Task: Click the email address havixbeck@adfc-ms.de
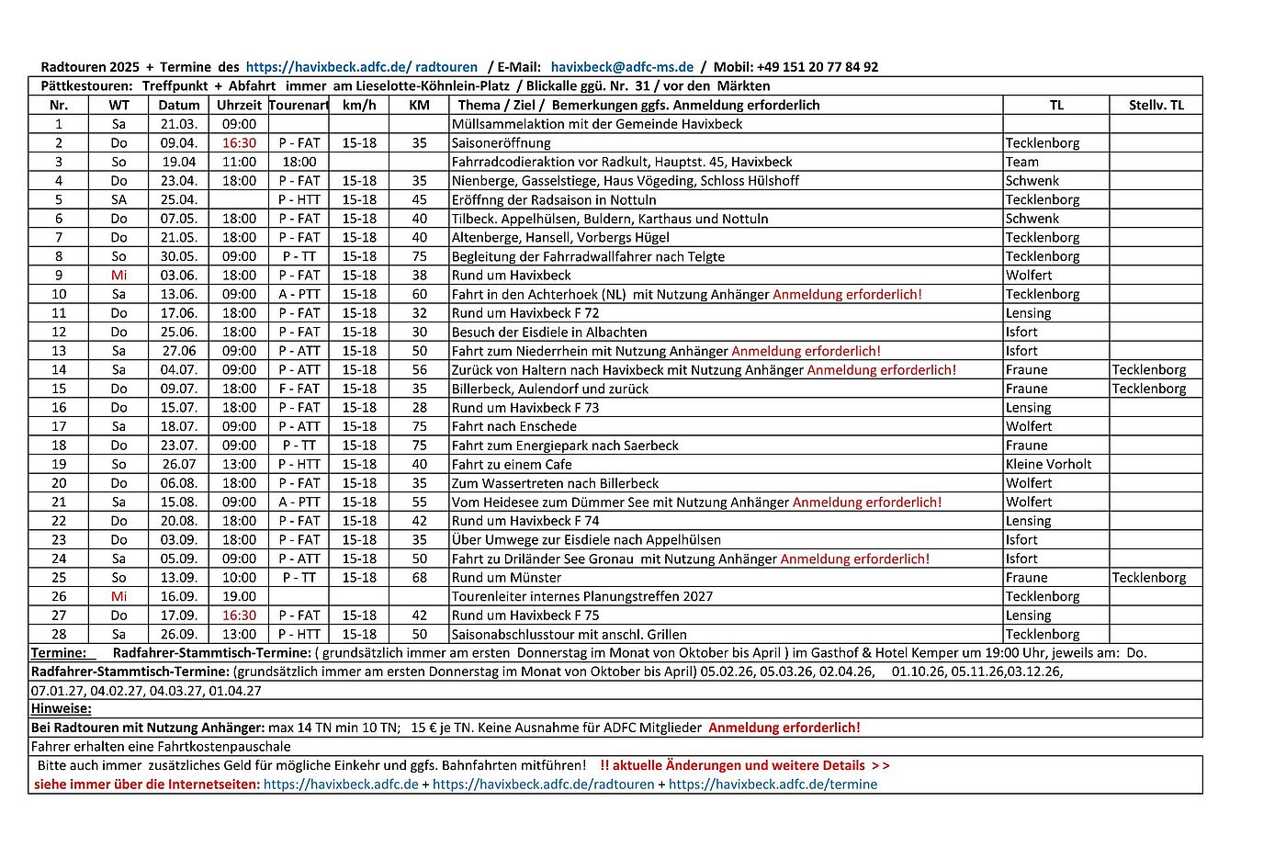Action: pyautogui.click(x=622, y=67)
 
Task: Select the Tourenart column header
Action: pyautogui.click(x=299, y=106)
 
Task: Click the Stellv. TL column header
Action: pyautogui.click(x=1156, y=106)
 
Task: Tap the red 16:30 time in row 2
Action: pyautogui.click(x=239, y=143)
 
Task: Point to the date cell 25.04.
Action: pyautogui.click(x=179, y=200)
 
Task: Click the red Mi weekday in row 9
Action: pyautogui.click(x=119, y=276)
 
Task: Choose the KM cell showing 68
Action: pyautogui.click(x=420, y=578)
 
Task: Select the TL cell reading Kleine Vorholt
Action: pyautogui.click(x=1048, y=465)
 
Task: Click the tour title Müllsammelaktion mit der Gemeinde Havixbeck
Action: pyautogui.click(x=597, y=124)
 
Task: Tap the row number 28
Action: pyautogui.click(x=59, y=635)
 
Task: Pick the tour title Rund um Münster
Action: pyautogui.click(x=506, y=578)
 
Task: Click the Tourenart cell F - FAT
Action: pyautogui.click(x=299, y=389)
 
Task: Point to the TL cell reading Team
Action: pyautogui.click(x=1022, y=163)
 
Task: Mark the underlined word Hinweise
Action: pyautogui.click(x=62, y=709)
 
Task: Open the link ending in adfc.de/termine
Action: pyautogui.click(x=773, y=785)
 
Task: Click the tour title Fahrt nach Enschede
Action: pyautogui.click(x=514, y=426)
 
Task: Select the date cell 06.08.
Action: pyautogui.click(x=179, y=483)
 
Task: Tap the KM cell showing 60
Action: pyautogui.click(x=420, y=295)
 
